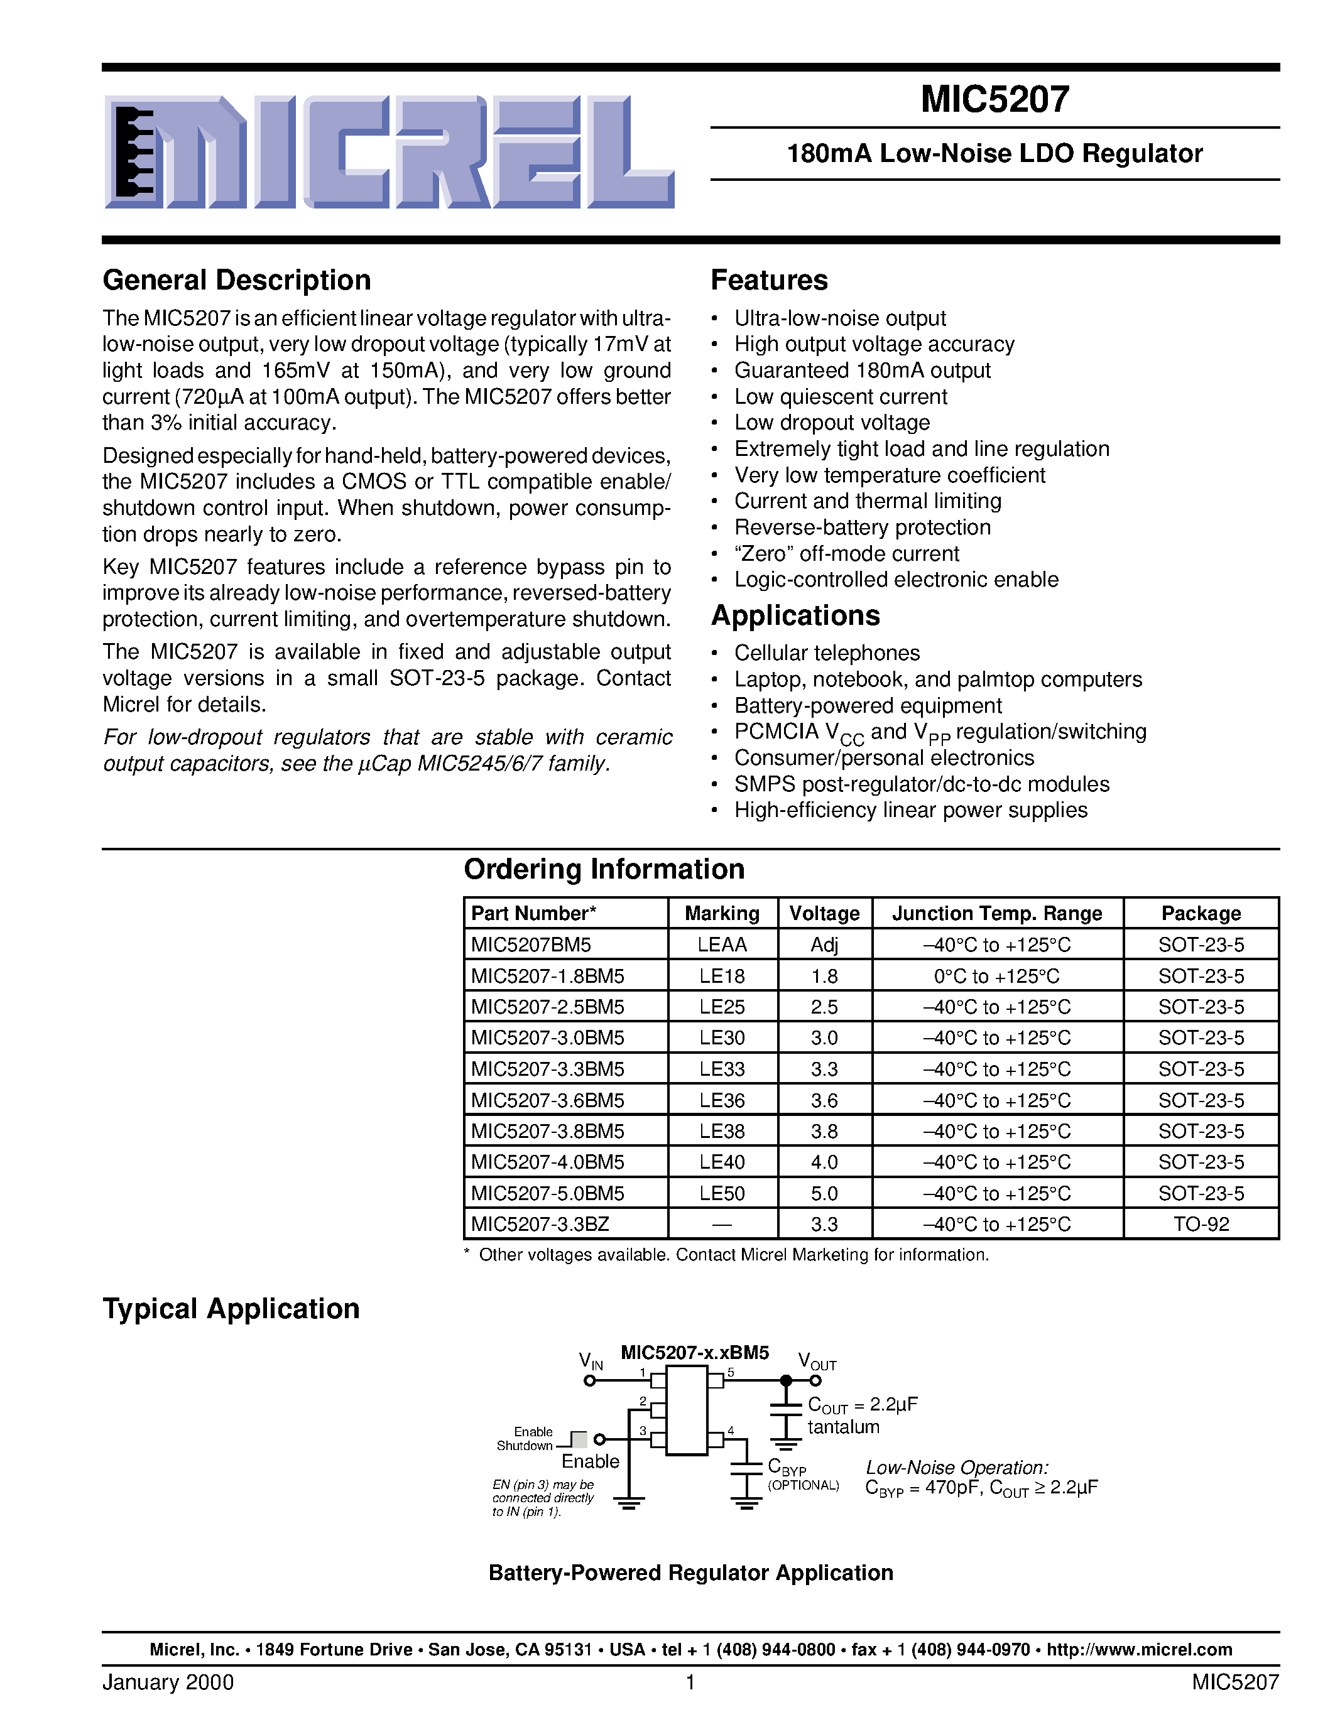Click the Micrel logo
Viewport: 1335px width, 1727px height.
[389, 152]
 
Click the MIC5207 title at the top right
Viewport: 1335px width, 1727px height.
[994, 100]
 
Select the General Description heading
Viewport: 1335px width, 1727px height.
[236, 281]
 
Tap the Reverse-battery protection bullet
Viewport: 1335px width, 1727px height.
[862, 528]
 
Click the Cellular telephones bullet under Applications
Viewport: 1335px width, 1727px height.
[827, 653]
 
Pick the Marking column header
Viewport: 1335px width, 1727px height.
[721, 913]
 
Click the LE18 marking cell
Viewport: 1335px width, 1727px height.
[721, 976]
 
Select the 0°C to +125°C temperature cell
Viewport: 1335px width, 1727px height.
[996, 976]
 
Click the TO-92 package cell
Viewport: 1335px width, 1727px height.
[1201, 1224]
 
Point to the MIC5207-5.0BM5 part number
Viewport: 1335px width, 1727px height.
[547, 1193]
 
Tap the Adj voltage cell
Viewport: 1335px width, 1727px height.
[824, 945]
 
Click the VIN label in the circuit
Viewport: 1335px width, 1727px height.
[590, 1361]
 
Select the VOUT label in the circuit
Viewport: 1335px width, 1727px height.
[817, 1361]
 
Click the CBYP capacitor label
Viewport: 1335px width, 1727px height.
[786, 1467]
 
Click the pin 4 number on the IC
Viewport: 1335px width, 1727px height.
[731, 1431]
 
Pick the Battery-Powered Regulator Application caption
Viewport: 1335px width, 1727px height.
[690, 1573]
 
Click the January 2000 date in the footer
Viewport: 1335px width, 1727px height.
[168, 1682]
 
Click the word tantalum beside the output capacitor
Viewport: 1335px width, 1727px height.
[843, 1427]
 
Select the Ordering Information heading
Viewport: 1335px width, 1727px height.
[604, 869]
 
